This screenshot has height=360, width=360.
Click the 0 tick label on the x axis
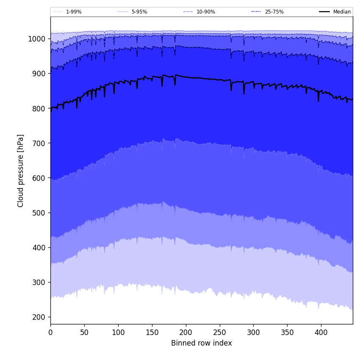(x=50, y=332)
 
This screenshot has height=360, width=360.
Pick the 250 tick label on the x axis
(x=219, y=332)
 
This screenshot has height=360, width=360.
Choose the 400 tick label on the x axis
(x=321, y=332)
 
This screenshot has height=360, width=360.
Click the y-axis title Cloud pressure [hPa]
(x=21, y=170)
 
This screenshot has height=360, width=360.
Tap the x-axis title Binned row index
(x=202, y=343)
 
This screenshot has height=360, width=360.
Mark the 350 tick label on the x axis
(x=287, y=332)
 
